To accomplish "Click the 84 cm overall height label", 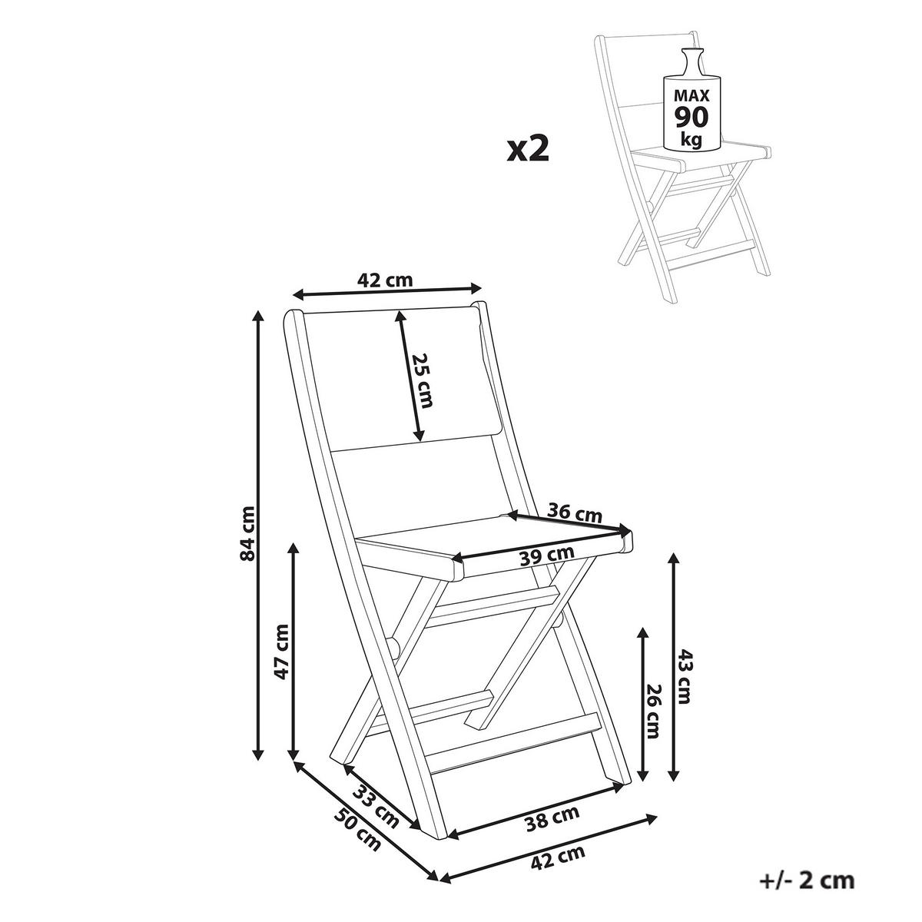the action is coord(248,532).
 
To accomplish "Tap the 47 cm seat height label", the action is coord(282,652).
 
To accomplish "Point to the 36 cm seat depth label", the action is coord(574,514).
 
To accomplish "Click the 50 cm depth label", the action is coord(358,830).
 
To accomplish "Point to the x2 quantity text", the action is coord(527,149).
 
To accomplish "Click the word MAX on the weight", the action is coord(691,96).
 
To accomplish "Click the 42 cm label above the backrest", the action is coord(385,280).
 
